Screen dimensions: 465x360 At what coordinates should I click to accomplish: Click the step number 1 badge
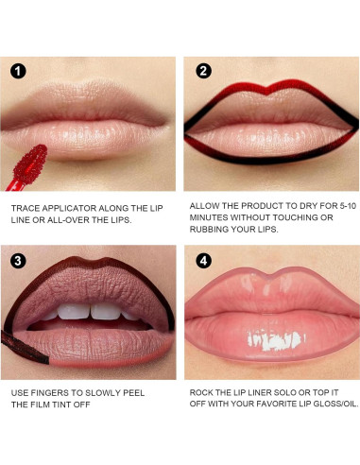point(19,71)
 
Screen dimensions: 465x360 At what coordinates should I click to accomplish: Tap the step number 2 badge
point(202,71)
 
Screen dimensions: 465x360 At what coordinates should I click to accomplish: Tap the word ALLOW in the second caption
point(205,204)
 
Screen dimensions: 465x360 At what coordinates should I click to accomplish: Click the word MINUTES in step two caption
point(214,217)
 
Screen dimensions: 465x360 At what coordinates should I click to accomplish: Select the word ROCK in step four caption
point(204,391)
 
